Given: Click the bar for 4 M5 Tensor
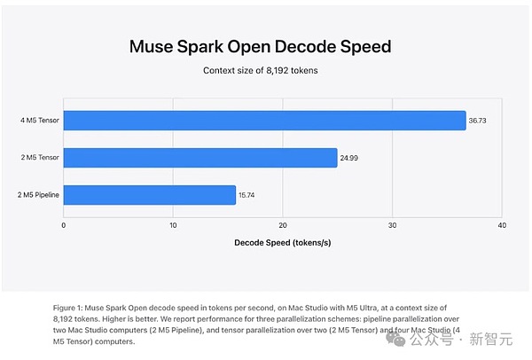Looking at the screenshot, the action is [264, 121].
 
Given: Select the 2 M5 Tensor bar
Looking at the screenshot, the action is [200, 158].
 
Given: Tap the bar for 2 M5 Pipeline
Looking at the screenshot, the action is [150, 195].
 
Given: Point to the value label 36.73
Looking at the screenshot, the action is [477, 121].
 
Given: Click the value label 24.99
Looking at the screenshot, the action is [348, 158].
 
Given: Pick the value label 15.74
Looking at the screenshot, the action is [246, 195].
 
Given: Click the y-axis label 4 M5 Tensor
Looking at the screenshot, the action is [39, 121].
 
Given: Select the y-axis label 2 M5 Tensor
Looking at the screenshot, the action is [40, 158].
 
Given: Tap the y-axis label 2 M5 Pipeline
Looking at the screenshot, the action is [38, 195].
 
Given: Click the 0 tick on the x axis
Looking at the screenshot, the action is [64, 225].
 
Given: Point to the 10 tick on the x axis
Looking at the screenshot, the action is [173, 225].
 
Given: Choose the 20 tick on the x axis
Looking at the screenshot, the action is [283, 225].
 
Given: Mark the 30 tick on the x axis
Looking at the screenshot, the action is [392, 225].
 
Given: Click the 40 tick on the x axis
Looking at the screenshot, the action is [502, 225].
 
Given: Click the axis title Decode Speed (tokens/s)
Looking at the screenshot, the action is [283, 243].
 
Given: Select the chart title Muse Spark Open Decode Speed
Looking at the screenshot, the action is [260, 46].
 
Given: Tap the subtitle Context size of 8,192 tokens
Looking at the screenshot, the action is [260, 71].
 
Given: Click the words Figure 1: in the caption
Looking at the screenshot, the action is [67, 308].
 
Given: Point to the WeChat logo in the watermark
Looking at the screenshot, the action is [395, 339].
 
